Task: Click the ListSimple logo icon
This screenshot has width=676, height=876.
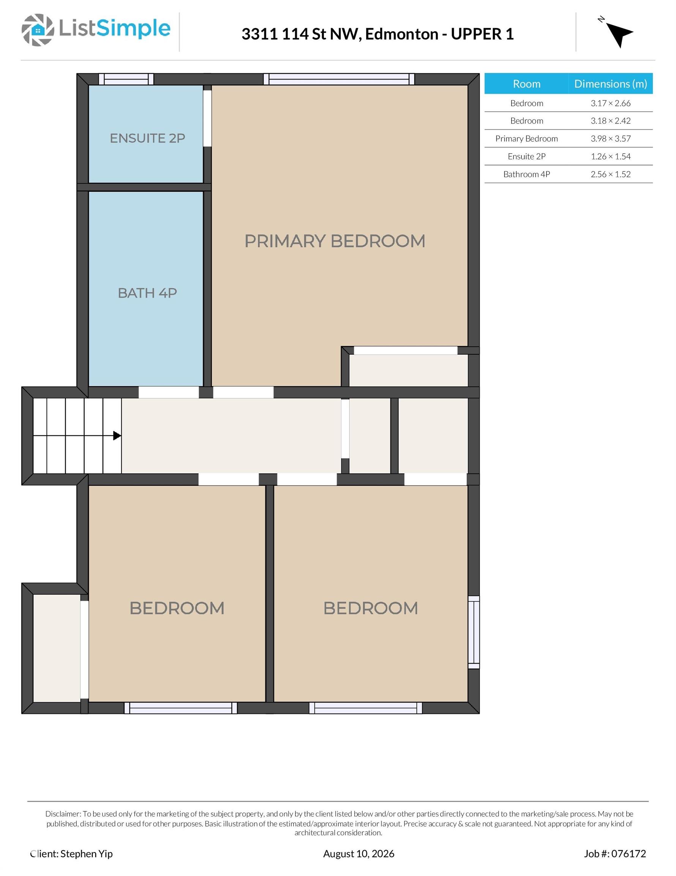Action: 38,30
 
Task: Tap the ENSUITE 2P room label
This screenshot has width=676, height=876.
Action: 147,138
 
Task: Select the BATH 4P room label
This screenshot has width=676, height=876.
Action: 147,293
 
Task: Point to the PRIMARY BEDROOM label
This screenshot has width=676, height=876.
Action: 335,241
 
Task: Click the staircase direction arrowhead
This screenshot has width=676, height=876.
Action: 117,436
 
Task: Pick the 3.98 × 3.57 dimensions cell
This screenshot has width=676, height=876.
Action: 610,139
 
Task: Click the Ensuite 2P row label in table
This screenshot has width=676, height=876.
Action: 526,156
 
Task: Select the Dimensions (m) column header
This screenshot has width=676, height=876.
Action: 610,84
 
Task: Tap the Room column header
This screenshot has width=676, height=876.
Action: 526,84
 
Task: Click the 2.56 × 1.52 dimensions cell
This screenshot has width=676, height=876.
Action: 610,174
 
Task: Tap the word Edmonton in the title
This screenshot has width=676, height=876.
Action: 401,34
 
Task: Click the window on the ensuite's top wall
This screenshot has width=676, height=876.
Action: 126,79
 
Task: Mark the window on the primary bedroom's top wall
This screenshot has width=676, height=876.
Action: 339,79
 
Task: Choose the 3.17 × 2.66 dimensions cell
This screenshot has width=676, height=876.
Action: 610,103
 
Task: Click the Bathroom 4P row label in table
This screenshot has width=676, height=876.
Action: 526,174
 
